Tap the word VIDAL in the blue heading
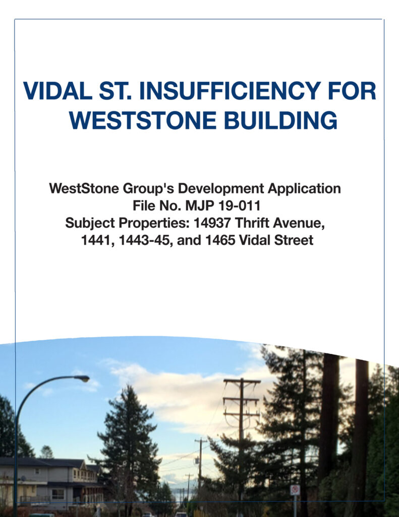point(58,91)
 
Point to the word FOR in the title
point(352,91)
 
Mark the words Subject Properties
point(127,223)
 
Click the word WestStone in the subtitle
point(84,189)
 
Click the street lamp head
point(82,379)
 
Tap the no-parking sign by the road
point(295,490)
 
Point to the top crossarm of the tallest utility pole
point(242,382)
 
